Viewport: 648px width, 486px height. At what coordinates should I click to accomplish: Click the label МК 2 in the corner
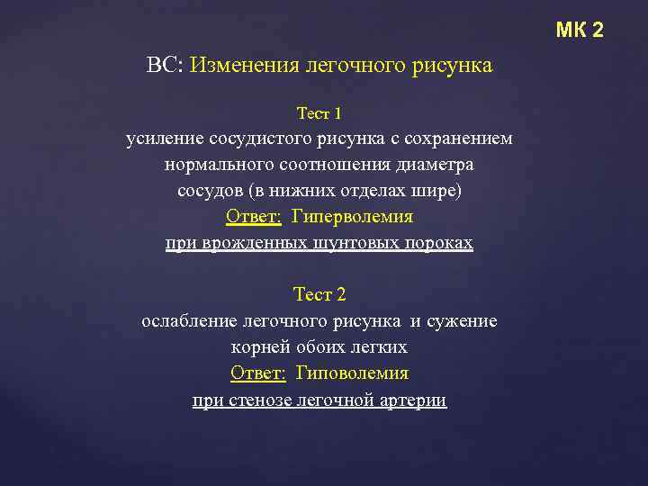(x=580, y=31)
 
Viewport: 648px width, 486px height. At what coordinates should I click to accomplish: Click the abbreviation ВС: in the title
(x=165, y=67)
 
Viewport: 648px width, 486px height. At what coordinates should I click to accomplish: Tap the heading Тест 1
(x=319, y=114)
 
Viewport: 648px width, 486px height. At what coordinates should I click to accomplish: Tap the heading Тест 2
(x=319, y=295)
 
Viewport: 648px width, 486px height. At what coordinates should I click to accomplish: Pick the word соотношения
(x=339, y=166)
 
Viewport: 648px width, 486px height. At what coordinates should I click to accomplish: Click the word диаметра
(x=438, y=166)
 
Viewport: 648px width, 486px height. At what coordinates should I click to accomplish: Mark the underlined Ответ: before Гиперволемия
(x=254, y=218)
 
